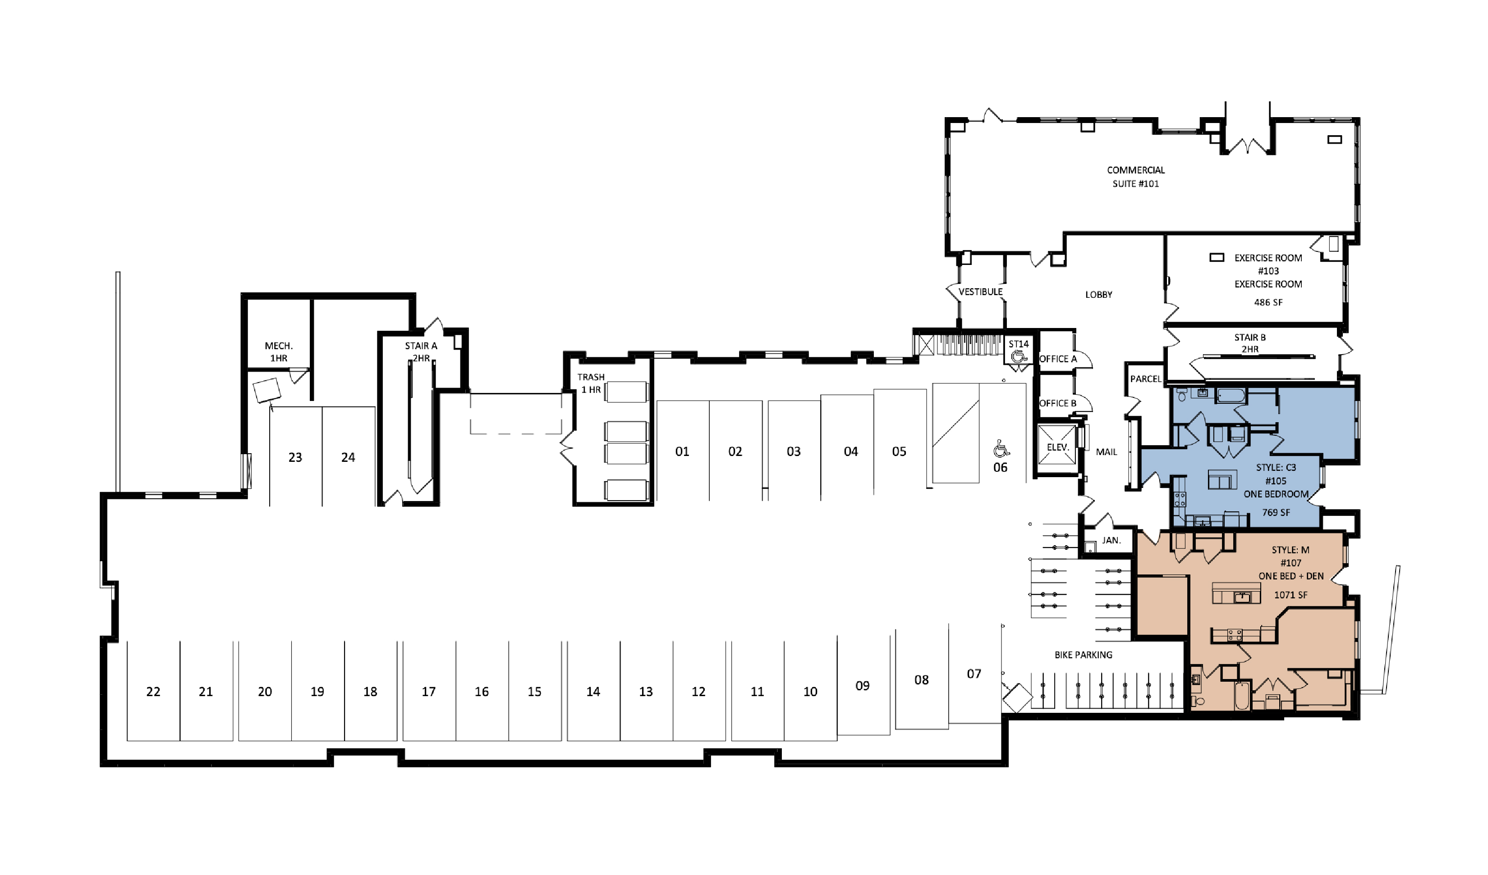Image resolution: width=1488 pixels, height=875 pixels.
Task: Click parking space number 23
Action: (295, 457)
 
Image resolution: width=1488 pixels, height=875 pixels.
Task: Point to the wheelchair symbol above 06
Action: (1001, 448)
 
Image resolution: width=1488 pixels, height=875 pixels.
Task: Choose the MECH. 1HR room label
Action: (279, 351)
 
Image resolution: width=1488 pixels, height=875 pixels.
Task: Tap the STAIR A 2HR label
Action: (421, 351)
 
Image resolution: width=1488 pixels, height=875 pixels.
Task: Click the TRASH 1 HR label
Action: (591, 383)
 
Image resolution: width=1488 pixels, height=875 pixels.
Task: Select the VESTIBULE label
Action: (980, 292)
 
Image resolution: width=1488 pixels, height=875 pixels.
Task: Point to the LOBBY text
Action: (1098, 294)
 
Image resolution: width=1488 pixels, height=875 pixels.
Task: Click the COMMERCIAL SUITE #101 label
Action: (1135, 177)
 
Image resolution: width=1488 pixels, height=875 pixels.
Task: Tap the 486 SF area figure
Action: (1268, 302)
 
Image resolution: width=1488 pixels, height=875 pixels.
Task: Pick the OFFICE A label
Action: (1058, 359)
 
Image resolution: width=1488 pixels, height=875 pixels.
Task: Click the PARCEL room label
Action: (1145, 379)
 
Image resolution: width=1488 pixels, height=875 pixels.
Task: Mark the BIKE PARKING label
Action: (1084, 654)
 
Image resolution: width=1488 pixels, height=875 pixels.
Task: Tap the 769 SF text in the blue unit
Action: (1276, 512)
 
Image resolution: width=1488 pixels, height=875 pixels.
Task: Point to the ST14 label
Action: (1019, 343)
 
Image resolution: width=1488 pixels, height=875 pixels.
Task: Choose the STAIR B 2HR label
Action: (1250, 343)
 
